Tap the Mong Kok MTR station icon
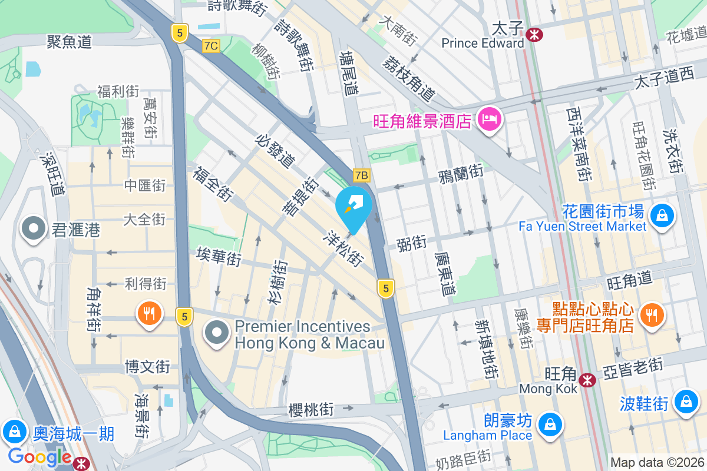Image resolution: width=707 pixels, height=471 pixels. coord(587,380)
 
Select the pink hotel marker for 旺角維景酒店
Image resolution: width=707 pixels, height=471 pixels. coord(490,120)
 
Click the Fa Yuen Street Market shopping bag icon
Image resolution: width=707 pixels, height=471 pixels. coord(663,215)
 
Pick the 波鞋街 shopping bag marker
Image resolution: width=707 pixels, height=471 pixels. coord(685,402)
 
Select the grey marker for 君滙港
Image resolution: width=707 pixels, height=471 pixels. coord(33,228)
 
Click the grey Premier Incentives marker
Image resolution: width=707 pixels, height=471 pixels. coord(217,333)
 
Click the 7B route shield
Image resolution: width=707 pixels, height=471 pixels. coord(361,175)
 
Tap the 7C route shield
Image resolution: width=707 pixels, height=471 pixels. coord(210,46)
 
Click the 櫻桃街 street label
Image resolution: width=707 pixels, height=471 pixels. coord(311,409)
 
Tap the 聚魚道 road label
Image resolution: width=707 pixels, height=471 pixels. coord(70,41)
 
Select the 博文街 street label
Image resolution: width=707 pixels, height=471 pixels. coord(147,367)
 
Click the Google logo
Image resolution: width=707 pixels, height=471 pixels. coord(40,457)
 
